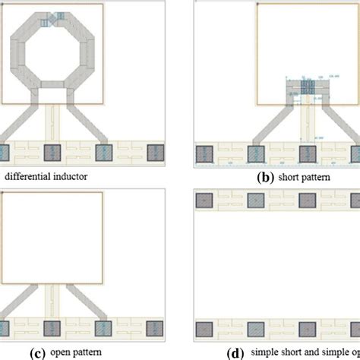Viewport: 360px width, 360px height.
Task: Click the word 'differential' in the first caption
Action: click(30, 177)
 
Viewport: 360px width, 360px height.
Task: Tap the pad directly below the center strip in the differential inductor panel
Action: click(52, 151)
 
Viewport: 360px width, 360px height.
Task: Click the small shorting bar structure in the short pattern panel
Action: click(305, 87)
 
